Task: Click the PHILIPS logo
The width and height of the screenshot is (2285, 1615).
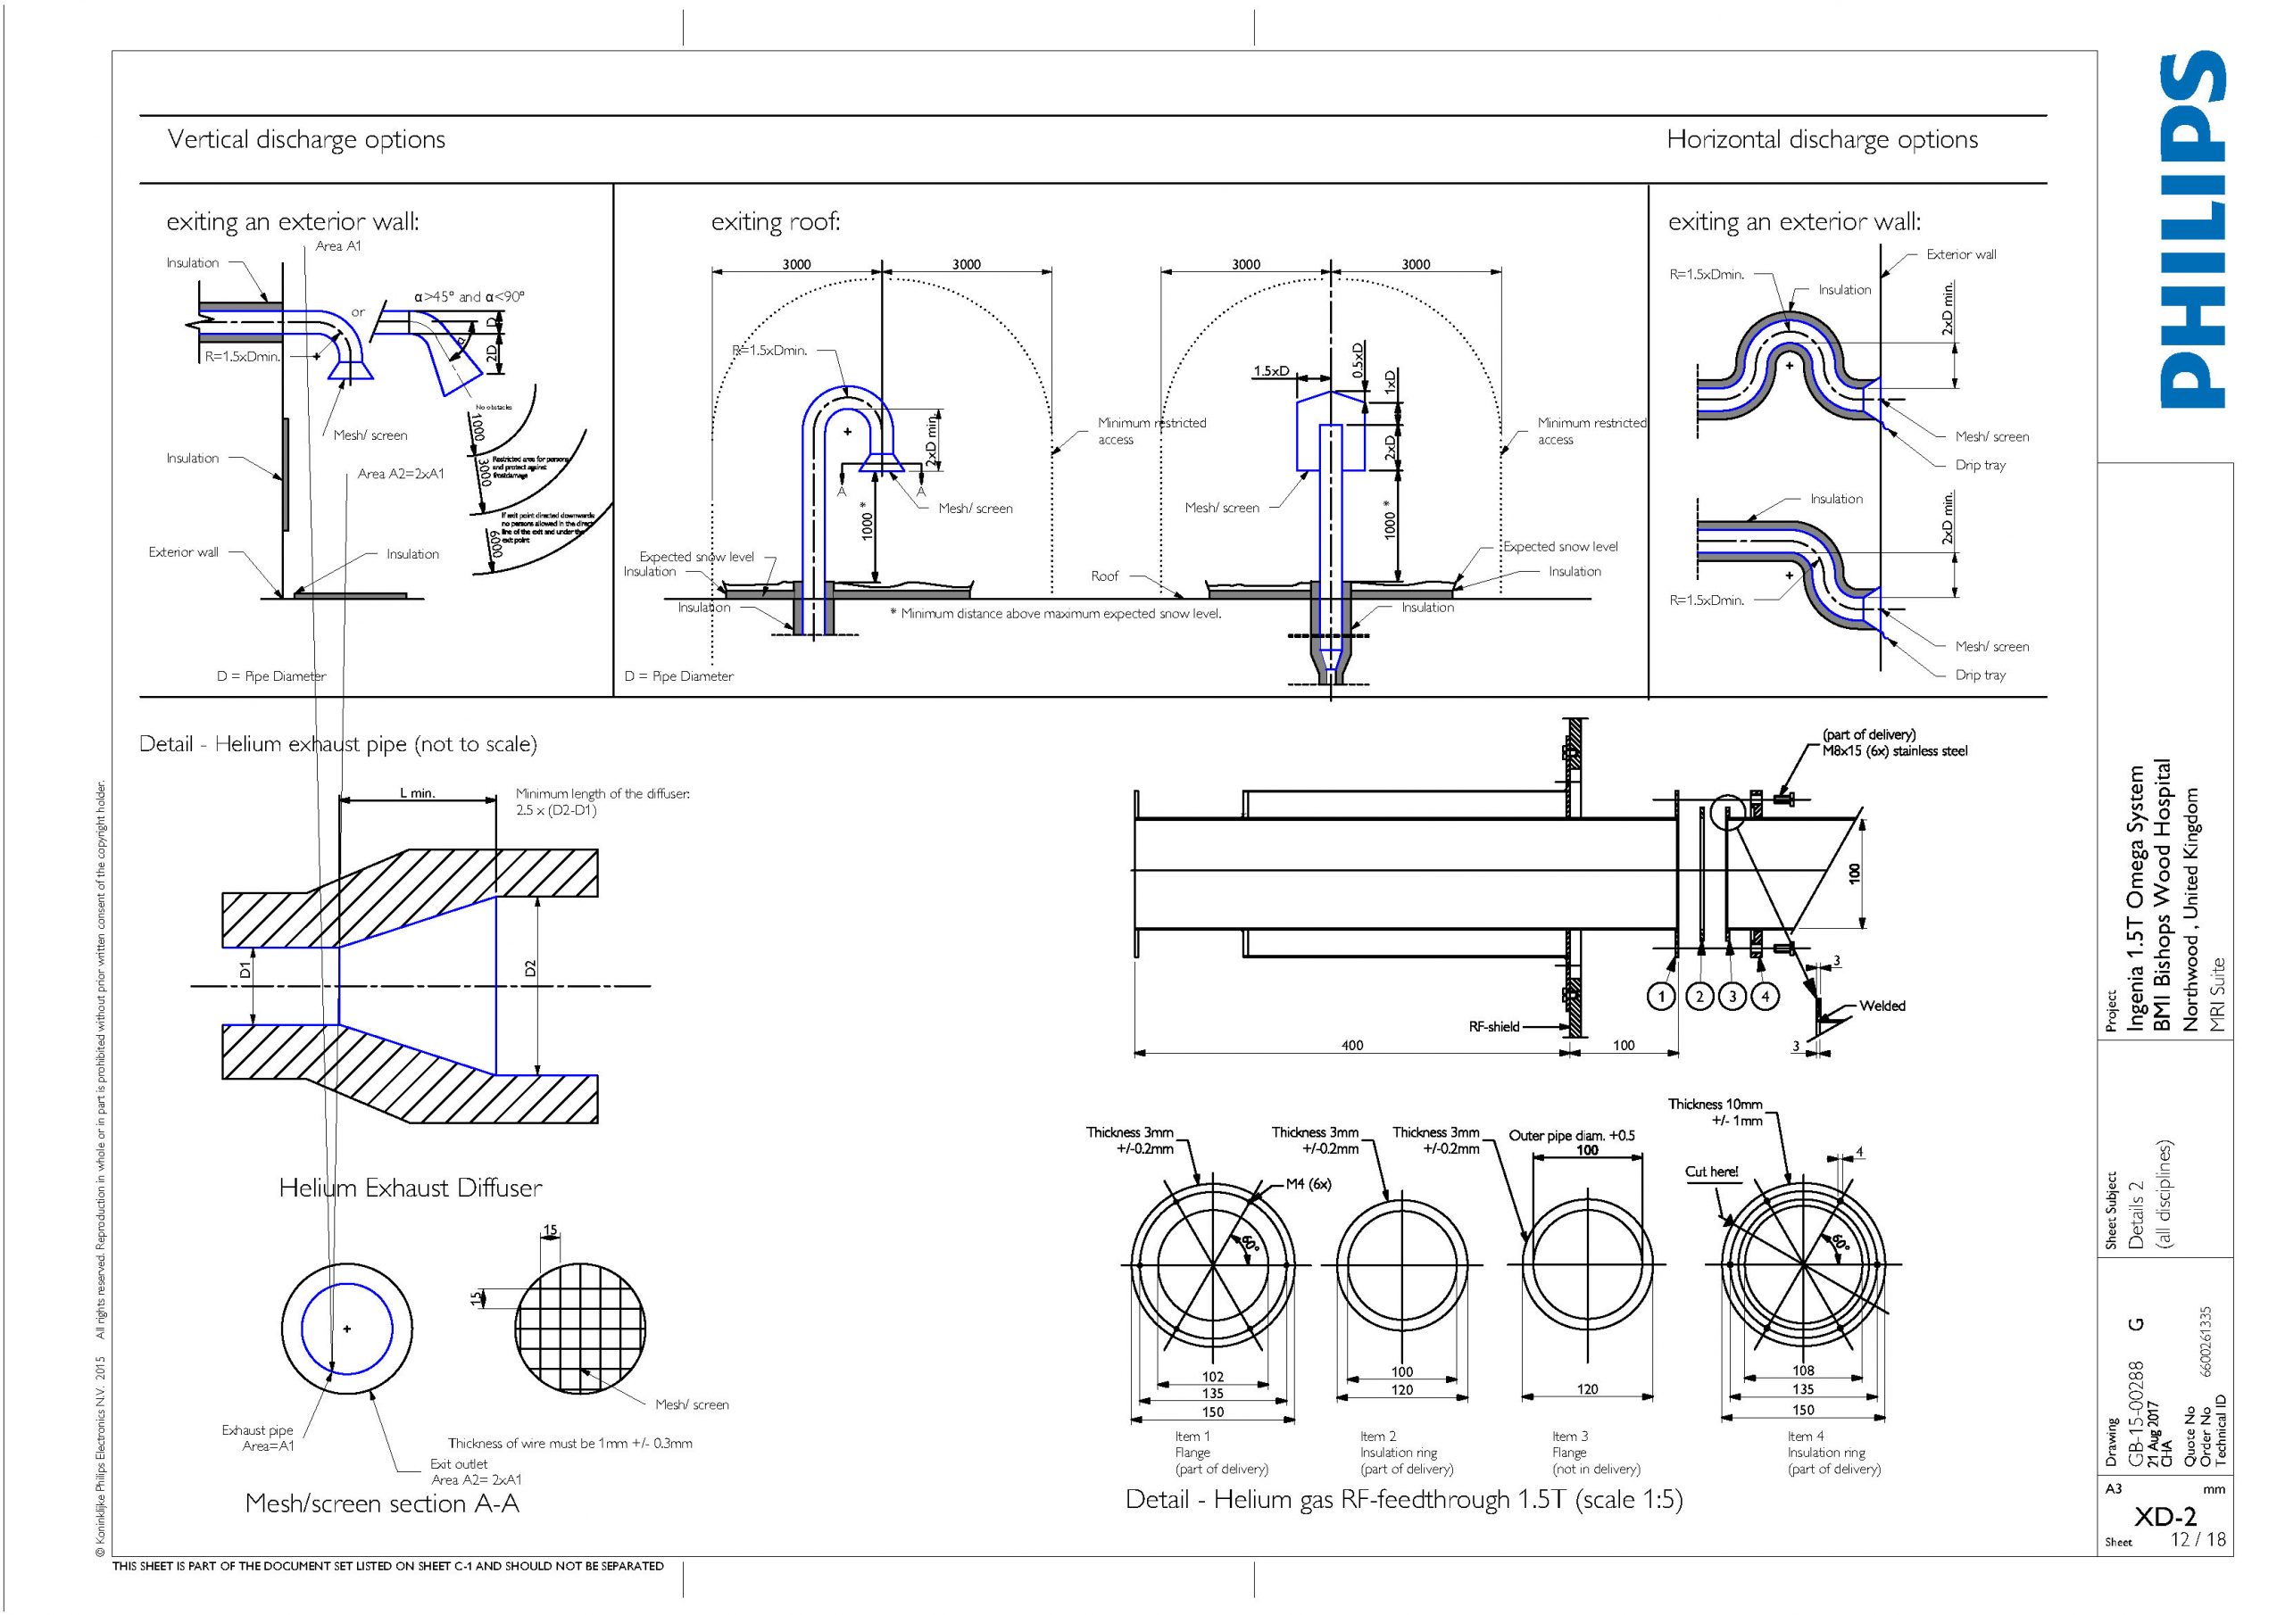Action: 2193,231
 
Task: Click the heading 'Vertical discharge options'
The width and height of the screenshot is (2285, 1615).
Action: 305,139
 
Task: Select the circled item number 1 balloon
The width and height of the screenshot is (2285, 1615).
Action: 1660,996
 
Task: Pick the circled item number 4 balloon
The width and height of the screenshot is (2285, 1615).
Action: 1765,996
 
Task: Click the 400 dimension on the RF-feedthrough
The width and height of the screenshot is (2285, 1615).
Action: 1351,1045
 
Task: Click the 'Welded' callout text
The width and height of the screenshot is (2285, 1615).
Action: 1882,1006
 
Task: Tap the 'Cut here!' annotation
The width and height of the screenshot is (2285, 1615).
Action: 1711,1172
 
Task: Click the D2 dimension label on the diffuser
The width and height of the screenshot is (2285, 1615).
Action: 530,968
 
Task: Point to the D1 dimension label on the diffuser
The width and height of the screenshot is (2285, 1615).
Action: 245,968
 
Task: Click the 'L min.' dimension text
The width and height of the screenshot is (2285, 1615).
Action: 417,793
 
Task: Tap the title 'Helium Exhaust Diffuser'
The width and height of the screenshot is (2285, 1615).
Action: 410,1187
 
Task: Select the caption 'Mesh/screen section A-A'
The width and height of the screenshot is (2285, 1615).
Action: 382,1503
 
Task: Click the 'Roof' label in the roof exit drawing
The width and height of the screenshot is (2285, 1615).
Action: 1105,576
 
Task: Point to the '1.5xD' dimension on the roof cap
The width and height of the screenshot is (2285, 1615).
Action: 1271,371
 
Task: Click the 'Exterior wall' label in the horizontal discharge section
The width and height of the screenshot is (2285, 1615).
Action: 1961,254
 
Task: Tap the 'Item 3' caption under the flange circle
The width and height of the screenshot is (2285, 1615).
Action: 1569,1436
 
